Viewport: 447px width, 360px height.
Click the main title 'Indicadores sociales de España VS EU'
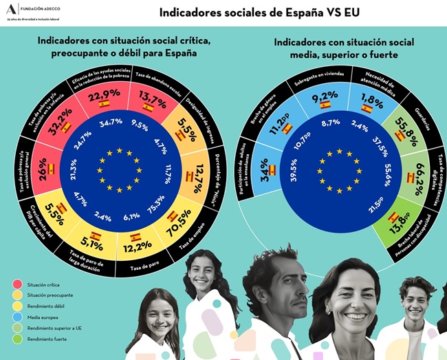(259, 12)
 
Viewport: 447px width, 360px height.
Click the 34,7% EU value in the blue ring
(111, 122)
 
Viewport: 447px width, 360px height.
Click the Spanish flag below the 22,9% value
(105, 104)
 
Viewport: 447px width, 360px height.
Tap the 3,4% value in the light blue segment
(265, 165)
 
